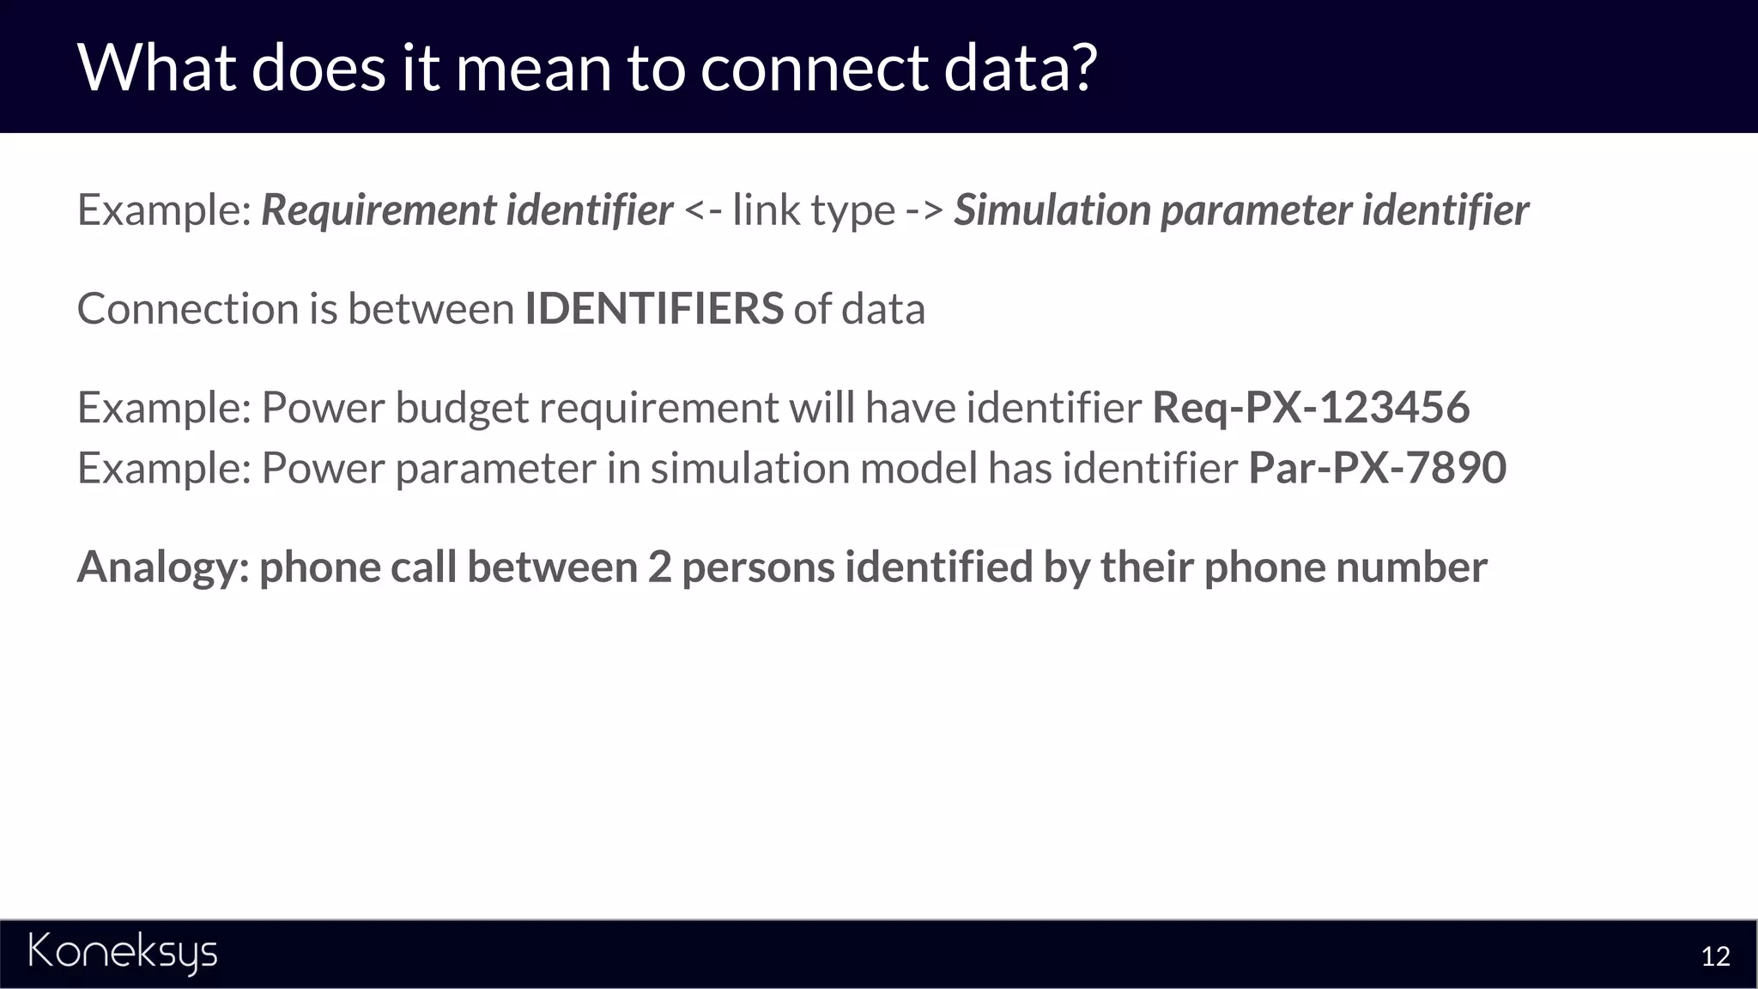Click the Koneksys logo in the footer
point(123,953)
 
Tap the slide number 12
point(1715,956)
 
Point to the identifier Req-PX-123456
point(1310,407)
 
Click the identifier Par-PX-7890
point(1377,468)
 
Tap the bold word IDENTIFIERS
point(653,308)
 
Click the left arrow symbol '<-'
point(703,210)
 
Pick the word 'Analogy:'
point(163,567)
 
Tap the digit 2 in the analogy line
point(659,567)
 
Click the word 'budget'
point(461,409)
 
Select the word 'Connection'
point(187,308)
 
